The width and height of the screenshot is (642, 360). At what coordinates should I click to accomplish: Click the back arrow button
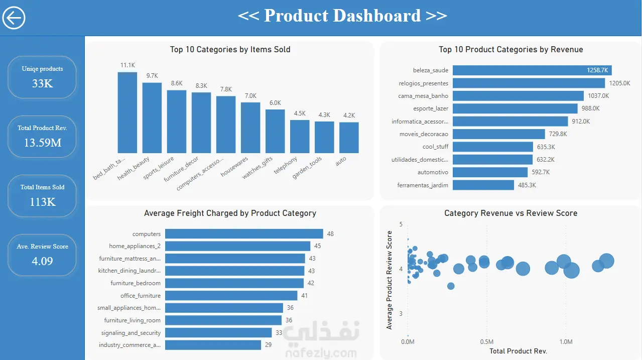(x=14, y=18)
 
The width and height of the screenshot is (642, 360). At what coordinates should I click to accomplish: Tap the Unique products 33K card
(x=42, y=77)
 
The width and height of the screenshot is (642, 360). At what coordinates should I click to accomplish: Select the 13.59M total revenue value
(x=43, y=143)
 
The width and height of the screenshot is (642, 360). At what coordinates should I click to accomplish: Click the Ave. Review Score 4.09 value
(x=43, y=261)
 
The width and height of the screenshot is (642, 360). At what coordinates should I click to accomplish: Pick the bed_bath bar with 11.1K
(x=127, y=112)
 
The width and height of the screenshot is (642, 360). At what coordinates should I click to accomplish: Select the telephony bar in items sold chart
(x=300, y=137)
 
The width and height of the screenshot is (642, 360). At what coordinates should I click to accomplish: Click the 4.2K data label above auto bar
(x=349, y=115)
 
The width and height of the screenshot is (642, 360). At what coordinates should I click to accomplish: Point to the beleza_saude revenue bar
(x=532, y=70)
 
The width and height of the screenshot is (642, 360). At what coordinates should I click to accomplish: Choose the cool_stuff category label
(x=435, y=147)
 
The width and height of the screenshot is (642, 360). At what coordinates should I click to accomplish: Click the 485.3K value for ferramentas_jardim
(x=527, y=185)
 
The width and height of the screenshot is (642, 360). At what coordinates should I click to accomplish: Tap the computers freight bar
(x=244, y=233)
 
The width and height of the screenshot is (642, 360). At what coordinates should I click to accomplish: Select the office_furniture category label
(x=141, y=296)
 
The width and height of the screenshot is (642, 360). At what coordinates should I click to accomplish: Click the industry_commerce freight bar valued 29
(x=213, y=345)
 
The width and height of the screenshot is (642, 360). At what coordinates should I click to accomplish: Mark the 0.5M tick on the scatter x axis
(x=487, y=341)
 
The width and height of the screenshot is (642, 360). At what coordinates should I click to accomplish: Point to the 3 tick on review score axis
(x=401, y=314)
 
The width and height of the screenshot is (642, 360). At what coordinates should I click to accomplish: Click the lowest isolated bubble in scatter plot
(x=451, y=286)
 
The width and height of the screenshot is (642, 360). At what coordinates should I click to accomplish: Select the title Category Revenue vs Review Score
(x=510, y=213)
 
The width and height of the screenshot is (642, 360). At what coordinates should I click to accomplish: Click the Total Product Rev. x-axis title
(x=518, y=351)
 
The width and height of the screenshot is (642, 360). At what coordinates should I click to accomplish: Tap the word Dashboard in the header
(x=377, y=16)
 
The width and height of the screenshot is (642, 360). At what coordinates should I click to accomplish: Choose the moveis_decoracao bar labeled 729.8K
(x=499, y=134)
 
